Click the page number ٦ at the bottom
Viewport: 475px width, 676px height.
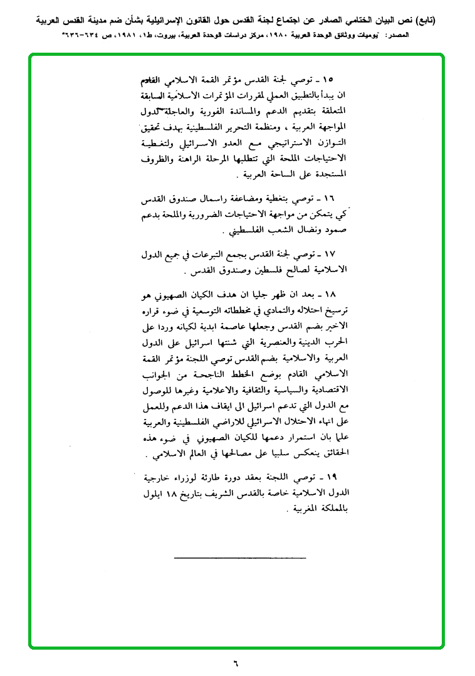pyautogui.click(x=236, y=662)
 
